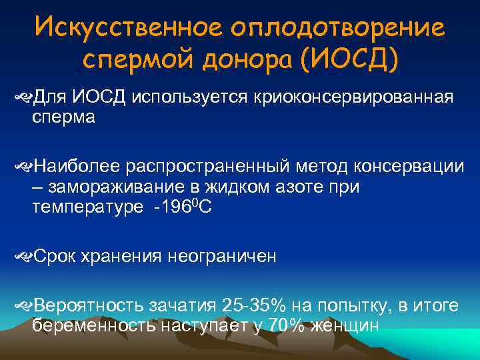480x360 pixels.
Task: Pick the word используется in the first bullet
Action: pyautogui.click(x=189, y=98)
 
